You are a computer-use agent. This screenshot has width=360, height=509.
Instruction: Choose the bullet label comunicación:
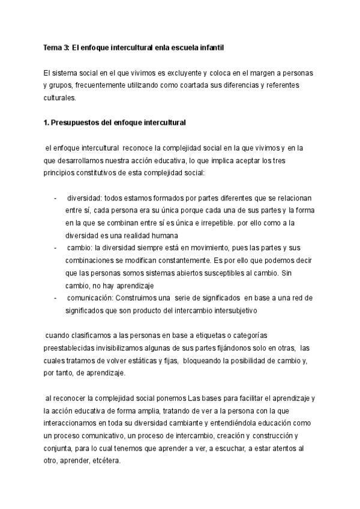click(x=92, y=298)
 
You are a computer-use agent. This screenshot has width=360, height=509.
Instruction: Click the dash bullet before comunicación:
click(x=55, y=298)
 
